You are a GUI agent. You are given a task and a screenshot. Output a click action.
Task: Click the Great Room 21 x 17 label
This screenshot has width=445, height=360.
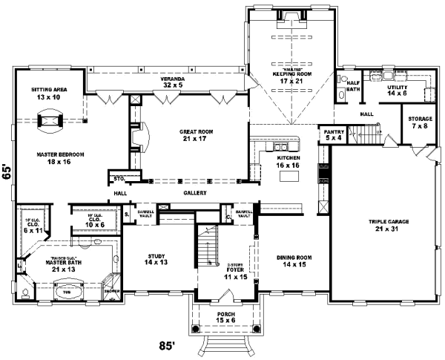tap(197, 135)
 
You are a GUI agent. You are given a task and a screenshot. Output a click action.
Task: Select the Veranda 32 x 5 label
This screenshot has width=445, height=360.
tap(173, 82)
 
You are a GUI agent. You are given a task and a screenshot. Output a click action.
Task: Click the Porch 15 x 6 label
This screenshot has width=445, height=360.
tap(225, 318)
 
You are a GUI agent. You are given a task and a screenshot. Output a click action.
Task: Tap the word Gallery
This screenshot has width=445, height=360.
tap(194, 192)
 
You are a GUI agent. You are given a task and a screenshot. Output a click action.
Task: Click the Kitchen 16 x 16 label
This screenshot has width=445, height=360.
tap(288, 163)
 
